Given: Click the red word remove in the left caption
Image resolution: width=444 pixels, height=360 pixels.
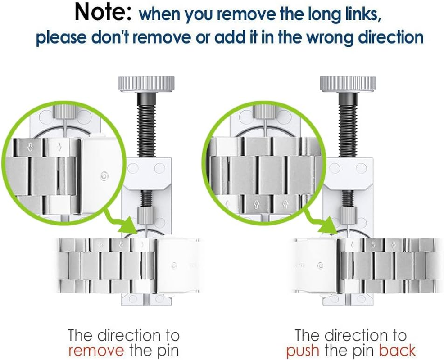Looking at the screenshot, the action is [96, 350].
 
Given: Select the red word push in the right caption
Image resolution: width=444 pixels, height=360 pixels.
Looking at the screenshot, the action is [303, 350].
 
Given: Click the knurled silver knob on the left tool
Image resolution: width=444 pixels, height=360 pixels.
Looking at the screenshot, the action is [146, 84].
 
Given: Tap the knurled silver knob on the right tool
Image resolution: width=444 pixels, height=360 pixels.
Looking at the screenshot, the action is [348, 84].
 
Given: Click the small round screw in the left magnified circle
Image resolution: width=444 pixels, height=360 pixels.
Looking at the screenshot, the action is [104, 176].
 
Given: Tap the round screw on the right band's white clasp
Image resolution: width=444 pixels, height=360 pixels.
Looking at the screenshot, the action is [320, 266].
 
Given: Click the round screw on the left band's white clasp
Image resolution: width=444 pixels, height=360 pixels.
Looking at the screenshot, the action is [174, 266].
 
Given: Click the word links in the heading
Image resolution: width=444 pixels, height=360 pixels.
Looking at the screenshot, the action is [363, 13].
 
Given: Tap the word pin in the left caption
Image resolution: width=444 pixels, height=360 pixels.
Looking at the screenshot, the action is [168, 351].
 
